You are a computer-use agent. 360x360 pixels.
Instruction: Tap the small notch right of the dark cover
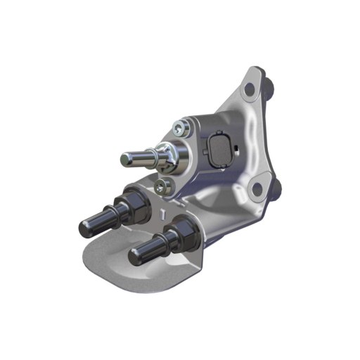pos(238,148)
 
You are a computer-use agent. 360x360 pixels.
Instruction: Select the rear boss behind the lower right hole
pos(275,188)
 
